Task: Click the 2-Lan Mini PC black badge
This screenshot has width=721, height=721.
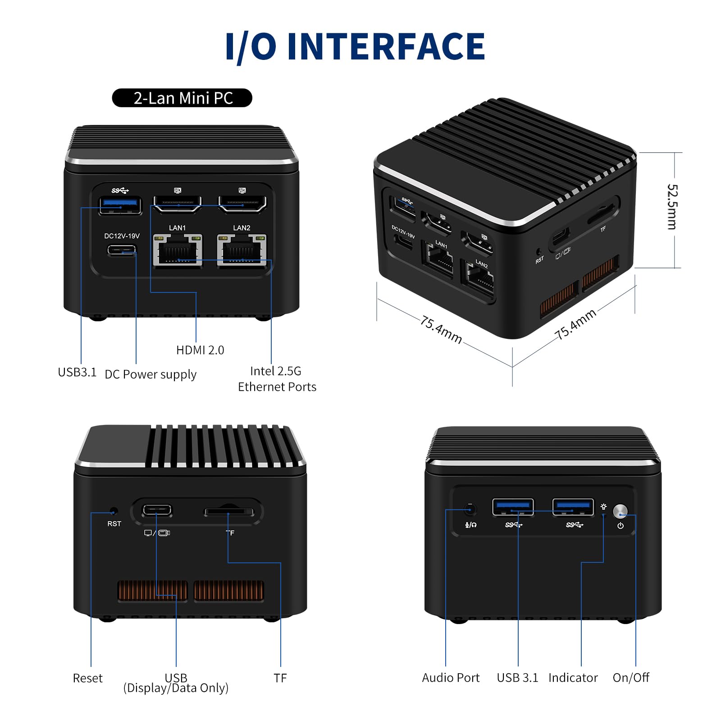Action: click(182, 98)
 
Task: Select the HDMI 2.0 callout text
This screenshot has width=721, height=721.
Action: click(200, 350)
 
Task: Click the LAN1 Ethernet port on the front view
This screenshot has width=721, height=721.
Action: click(177, 251)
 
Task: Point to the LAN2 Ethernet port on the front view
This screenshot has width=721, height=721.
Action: click(242, 251)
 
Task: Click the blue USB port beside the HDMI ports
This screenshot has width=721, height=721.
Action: click(120, 205)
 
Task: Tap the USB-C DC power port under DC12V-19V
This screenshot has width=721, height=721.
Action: click(122, 250)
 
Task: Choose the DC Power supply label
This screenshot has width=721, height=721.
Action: click(151, 374)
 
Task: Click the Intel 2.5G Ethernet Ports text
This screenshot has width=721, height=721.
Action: click(277, 379)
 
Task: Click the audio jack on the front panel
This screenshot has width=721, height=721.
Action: click(470, 510)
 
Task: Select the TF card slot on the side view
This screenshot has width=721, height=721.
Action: click(229, 512)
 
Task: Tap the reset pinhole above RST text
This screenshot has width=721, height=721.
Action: click(114, 511)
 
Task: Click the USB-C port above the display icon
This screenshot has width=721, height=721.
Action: click(157, 511)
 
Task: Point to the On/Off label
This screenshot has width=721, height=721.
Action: click(630, 678)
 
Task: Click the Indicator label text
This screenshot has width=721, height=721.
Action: click(573, 678)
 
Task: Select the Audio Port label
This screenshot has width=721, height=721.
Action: click(451, 678)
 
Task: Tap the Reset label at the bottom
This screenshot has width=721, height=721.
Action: click(87, 678)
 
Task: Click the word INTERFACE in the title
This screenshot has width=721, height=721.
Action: click(386, 46)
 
